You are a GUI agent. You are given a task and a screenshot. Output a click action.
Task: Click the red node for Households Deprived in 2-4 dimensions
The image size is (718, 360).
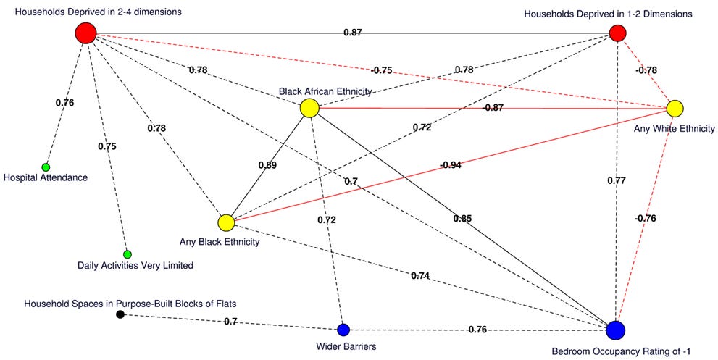pos(85,33)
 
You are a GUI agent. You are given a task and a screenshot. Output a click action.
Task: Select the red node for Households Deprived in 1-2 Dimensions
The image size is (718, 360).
pos(617,33)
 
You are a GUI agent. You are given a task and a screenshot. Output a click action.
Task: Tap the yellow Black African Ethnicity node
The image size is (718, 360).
pos(309,109)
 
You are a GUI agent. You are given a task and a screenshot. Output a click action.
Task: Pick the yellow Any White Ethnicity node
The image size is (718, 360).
pos(675,109)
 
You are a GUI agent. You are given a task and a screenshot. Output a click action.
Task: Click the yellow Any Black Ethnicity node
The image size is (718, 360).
pos(225,222)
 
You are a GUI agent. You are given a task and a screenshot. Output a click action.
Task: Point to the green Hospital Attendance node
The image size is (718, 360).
pos(46,167)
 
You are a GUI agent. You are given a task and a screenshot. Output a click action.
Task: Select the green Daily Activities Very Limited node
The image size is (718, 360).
pos(127,254)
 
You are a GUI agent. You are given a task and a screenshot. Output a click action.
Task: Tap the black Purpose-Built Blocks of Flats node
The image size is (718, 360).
pos(120,314)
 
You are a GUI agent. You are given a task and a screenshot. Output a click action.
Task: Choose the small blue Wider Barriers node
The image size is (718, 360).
pos(343,330)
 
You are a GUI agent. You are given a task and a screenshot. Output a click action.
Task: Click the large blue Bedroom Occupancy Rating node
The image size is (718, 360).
pos(615,330)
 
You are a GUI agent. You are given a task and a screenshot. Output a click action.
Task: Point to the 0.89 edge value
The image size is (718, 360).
pos(267,164)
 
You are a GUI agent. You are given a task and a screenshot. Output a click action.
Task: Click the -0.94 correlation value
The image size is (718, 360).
pos(450,164)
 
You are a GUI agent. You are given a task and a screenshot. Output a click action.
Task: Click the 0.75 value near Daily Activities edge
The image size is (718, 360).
pos(107,146)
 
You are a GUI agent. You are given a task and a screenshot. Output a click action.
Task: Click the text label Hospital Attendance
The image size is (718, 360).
pos(46,177)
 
